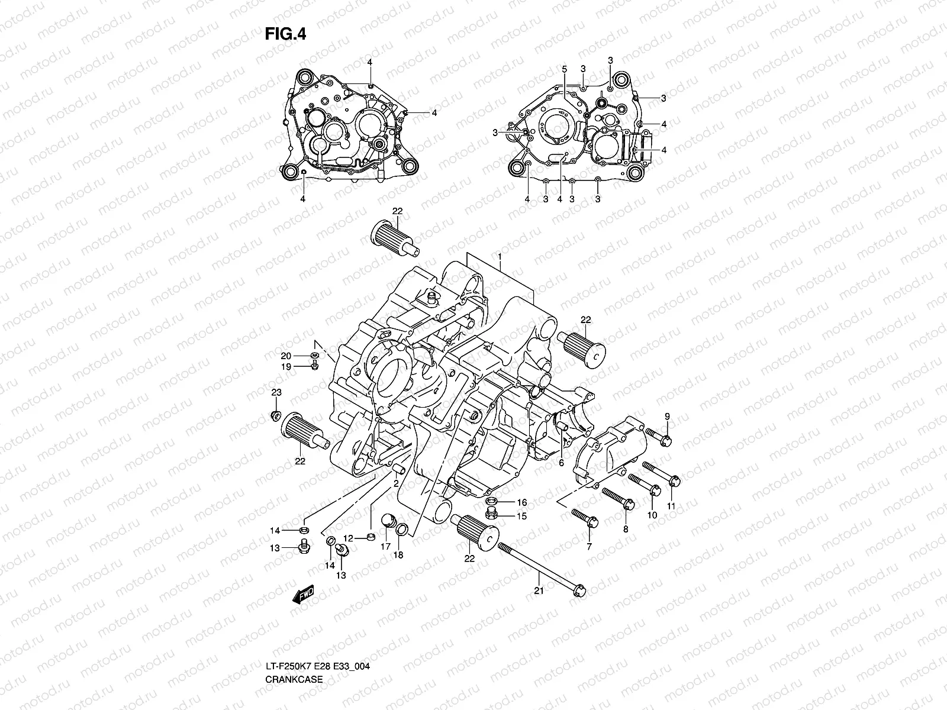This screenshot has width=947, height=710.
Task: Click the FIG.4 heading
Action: pyautogui.click(x=285, y=34)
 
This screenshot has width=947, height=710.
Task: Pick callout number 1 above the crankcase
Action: pyautogui.click(x=500, y=258)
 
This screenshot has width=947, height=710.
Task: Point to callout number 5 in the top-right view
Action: pyautogui.click(x=565, y=69)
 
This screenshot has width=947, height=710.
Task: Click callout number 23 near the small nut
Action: pyautogui.click(x=276, y=393)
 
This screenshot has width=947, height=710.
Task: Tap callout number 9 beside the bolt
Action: pyautogui.click(x=667, y=417)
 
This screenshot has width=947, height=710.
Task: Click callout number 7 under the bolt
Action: pyautogui.click(x=589, y=547)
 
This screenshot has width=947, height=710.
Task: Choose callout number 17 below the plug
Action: pyautogui.click(x=385, y=547)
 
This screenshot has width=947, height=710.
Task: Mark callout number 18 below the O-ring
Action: pyautogui.click(x=398, y=555)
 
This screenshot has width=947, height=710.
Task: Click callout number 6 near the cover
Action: pyautogui.click(x=561, y=463)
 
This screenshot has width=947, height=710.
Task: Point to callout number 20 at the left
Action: pyautogui.click(x=286, y=356)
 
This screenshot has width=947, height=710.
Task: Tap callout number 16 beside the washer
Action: pyautogui.click(x=521, y=502)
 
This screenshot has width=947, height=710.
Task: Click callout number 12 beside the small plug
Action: pyautogui.click(x=348, y=538)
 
